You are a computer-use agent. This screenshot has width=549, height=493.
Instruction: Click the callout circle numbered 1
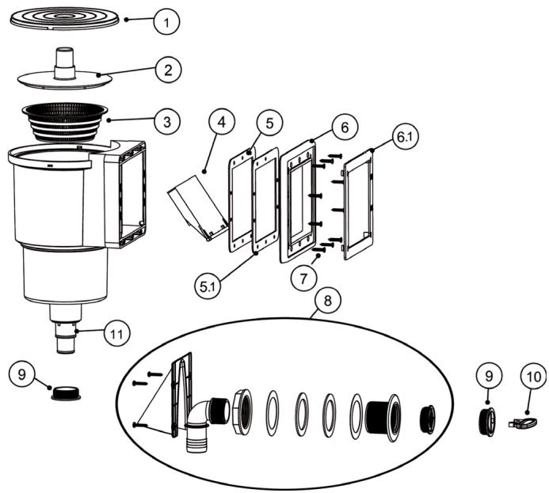click(165, 23)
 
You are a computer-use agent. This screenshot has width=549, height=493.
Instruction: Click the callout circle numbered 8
click(324, 302)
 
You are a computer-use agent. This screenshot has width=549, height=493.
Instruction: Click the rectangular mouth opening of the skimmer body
click(132, 194)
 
